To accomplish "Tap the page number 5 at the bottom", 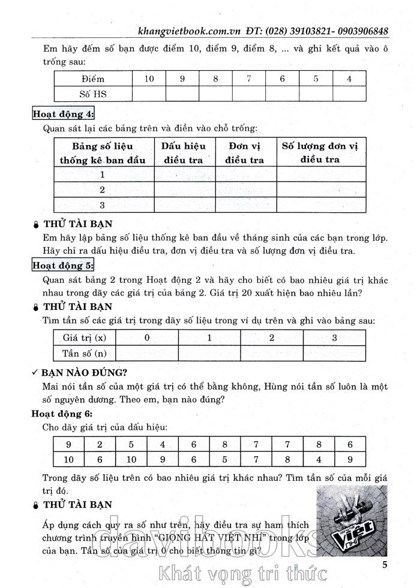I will click(x=385, y=564).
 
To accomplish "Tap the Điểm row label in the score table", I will click(x=92, y=79).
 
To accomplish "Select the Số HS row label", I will click(x=92, y=94).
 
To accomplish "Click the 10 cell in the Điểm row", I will click(x=149, y=79).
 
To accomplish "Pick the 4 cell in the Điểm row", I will click(x=349, y=79).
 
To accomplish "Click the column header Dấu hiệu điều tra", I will click(x=184, y=153).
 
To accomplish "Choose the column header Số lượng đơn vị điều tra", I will click(x=319, y=152).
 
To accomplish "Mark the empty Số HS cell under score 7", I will click(x=248, y=94).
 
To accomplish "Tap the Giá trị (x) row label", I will click(x=84, y=337).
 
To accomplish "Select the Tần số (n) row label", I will click(x=84, y=352).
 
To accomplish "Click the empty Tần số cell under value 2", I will click(x=271, y=352).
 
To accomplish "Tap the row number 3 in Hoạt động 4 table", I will click(x=103, y=205).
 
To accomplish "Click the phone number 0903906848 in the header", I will click(x=355, y=31).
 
